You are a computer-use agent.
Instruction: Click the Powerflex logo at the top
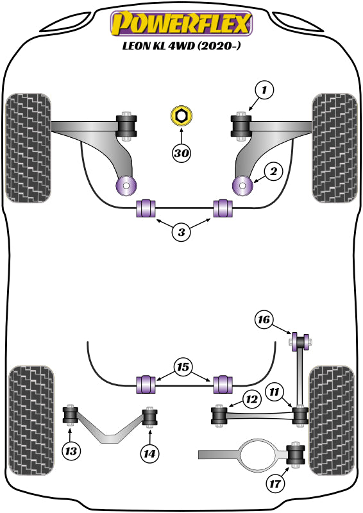click(x=181, y=24)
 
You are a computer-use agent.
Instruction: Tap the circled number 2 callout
click(x=274, y=171)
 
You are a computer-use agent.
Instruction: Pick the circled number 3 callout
click(x=181, y=233)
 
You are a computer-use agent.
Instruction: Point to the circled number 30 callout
click(x=181, y=153)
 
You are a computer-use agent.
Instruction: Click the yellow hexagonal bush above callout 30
click(x=181, y=116)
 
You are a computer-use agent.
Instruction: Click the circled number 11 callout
click(x=275, y=391)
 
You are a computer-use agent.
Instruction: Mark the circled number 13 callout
click(x=72, y=451)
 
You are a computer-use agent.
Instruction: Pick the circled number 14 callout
click(x=149, y=453)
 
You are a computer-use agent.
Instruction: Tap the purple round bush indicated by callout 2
click(x=243, y=186)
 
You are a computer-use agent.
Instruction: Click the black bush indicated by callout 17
click(x=296, y=455)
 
